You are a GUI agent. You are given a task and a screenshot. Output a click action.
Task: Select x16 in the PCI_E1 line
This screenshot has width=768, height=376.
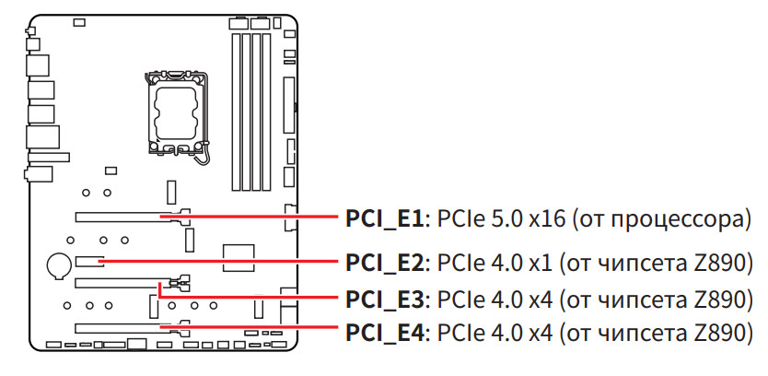coord(549,220)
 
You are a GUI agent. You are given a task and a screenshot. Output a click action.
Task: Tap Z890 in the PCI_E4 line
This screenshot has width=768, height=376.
coord(721,331)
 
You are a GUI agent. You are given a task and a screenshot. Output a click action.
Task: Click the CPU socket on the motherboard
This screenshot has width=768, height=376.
coord(174,112)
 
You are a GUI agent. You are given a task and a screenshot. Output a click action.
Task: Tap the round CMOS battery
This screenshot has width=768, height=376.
coord(57,265)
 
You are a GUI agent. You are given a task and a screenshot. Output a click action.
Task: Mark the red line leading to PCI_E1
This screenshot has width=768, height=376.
coord(258,218)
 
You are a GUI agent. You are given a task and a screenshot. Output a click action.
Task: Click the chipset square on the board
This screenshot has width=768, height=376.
coord(239,256)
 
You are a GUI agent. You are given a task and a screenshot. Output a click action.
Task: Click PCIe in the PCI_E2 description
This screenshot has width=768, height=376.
coord(458,263)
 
